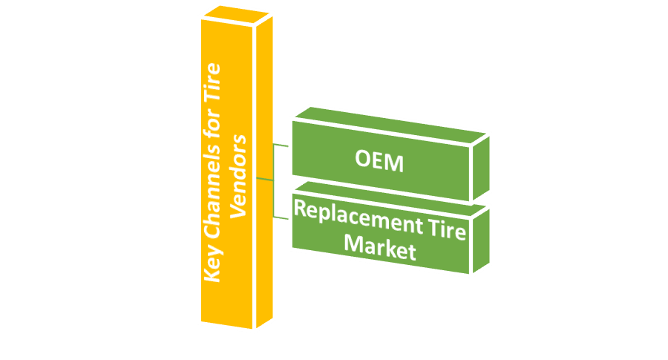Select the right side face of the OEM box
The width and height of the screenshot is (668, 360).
click(x=481, y=168)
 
